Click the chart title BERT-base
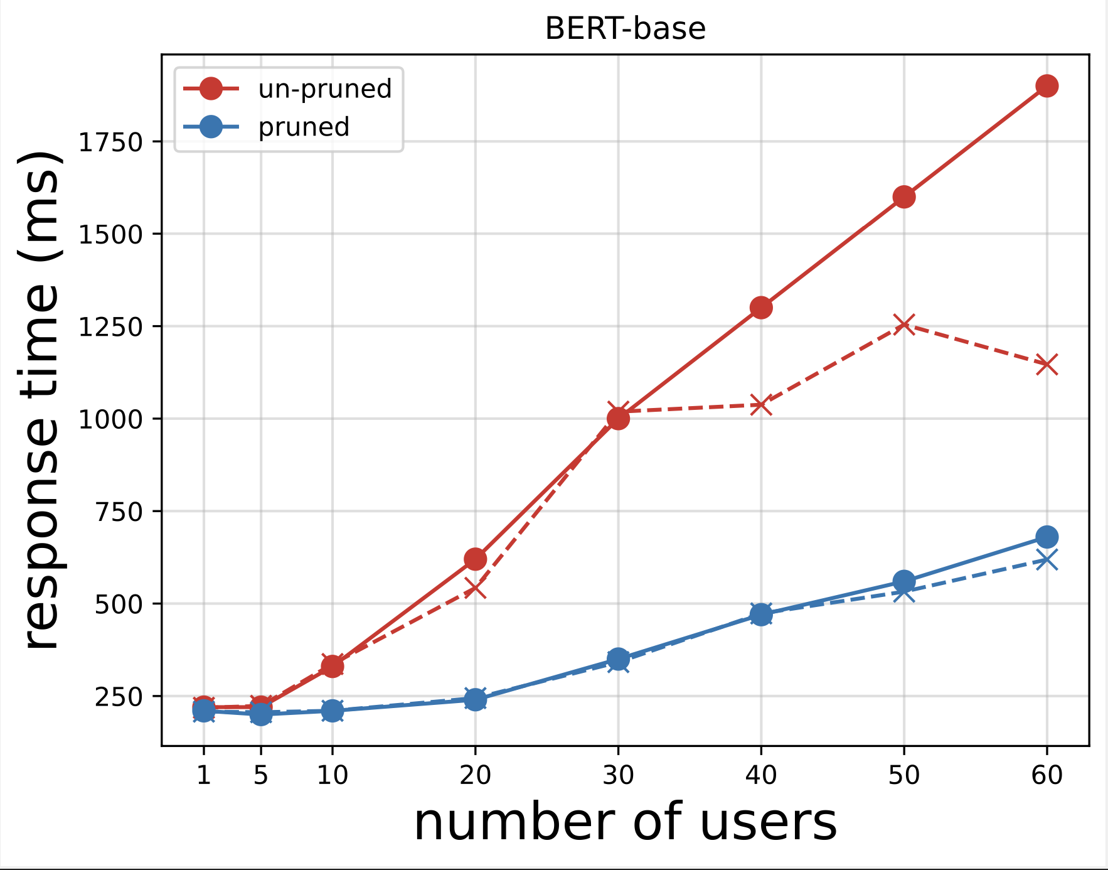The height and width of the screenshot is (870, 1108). (x=625, y=29)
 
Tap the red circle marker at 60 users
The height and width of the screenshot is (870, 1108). (x=1046, y=86)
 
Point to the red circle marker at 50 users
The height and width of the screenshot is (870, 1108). (x=903, y=197)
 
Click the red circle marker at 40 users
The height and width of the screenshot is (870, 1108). (x=760, y=308)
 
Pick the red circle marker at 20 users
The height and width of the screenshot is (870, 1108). (x=475, y=559)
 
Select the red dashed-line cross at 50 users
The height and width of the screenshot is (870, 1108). (x=903, y=324)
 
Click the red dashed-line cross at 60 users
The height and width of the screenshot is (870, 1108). (x=1046, y=364)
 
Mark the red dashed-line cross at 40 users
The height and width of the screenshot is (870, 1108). (x=760, y=405)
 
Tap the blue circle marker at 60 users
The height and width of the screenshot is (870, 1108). (x=1046, y=537)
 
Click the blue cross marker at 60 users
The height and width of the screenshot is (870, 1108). (x=1046, y=559)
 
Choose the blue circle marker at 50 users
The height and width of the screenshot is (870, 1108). (x=903, y=581)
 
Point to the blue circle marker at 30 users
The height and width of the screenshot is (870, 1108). (x=618, y=658)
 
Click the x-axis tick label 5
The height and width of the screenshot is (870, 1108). (x=260, y=776)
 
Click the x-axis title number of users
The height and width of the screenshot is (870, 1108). (x=625, y=823)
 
